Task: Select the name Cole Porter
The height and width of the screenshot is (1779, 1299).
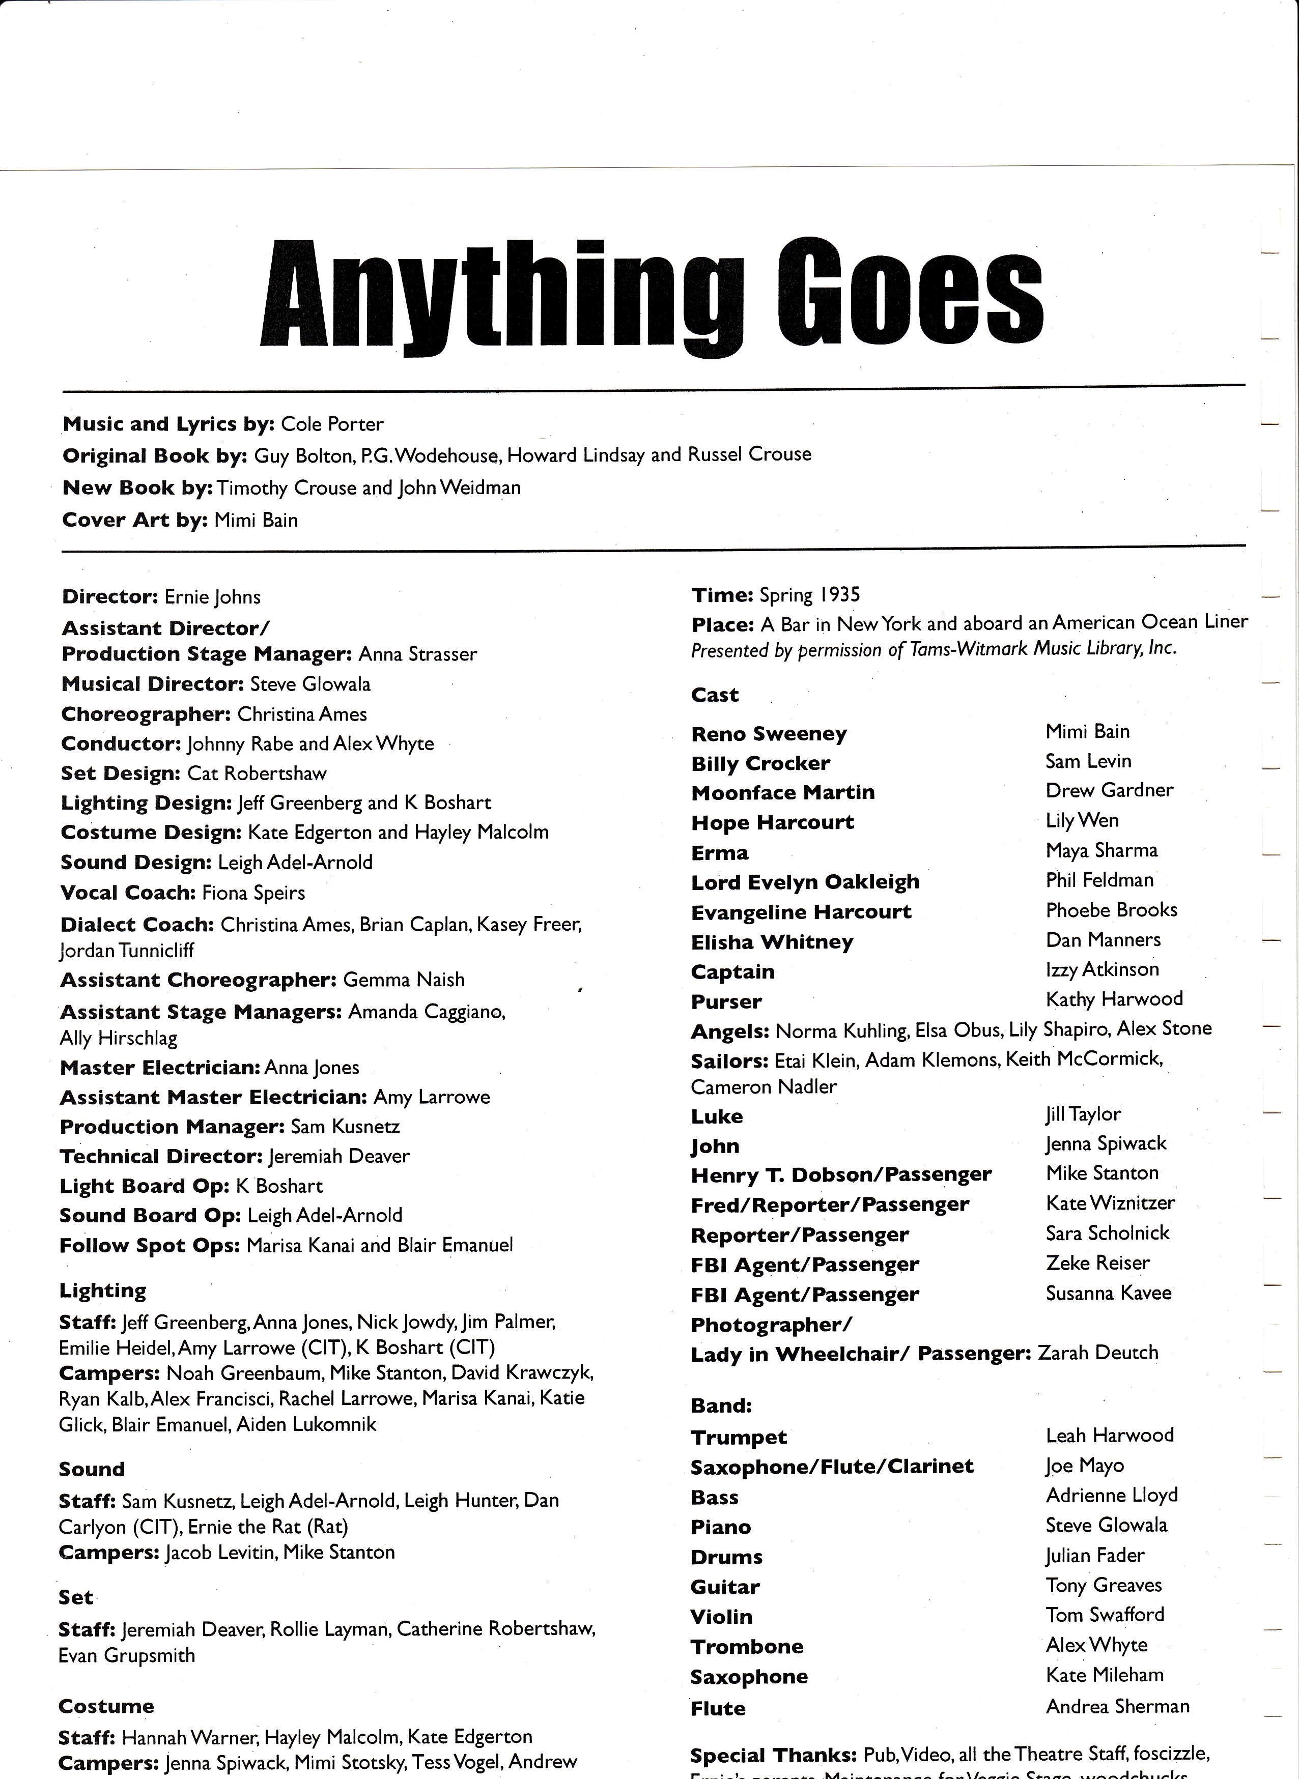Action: tap(332, 424)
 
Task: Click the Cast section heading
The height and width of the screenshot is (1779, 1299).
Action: tap(715, 695)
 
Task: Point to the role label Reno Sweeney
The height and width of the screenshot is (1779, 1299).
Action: tap(768, 734)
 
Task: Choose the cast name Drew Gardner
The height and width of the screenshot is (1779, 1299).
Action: tap(1109, 790)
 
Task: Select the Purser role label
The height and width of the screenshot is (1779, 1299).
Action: tap(726, 1001)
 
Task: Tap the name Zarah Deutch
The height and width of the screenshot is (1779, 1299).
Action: tap(1098, 1352)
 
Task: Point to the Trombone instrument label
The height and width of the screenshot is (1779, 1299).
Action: tap(746, 1646)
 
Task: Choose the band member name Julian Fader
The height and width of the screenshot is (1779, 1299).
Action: tap(1094, 1555)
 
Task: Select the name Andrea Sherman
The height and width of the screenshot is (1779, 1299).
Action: tap(1117, 1706)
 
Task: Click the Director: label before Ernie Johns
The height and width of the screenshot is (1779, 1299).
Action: tap(109, 597)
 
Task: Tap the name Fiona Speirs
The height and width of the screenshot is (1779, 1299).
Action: tap(253, 893)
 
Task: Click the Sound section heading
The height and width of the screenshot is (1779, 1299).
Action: tap(91, 1469)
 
